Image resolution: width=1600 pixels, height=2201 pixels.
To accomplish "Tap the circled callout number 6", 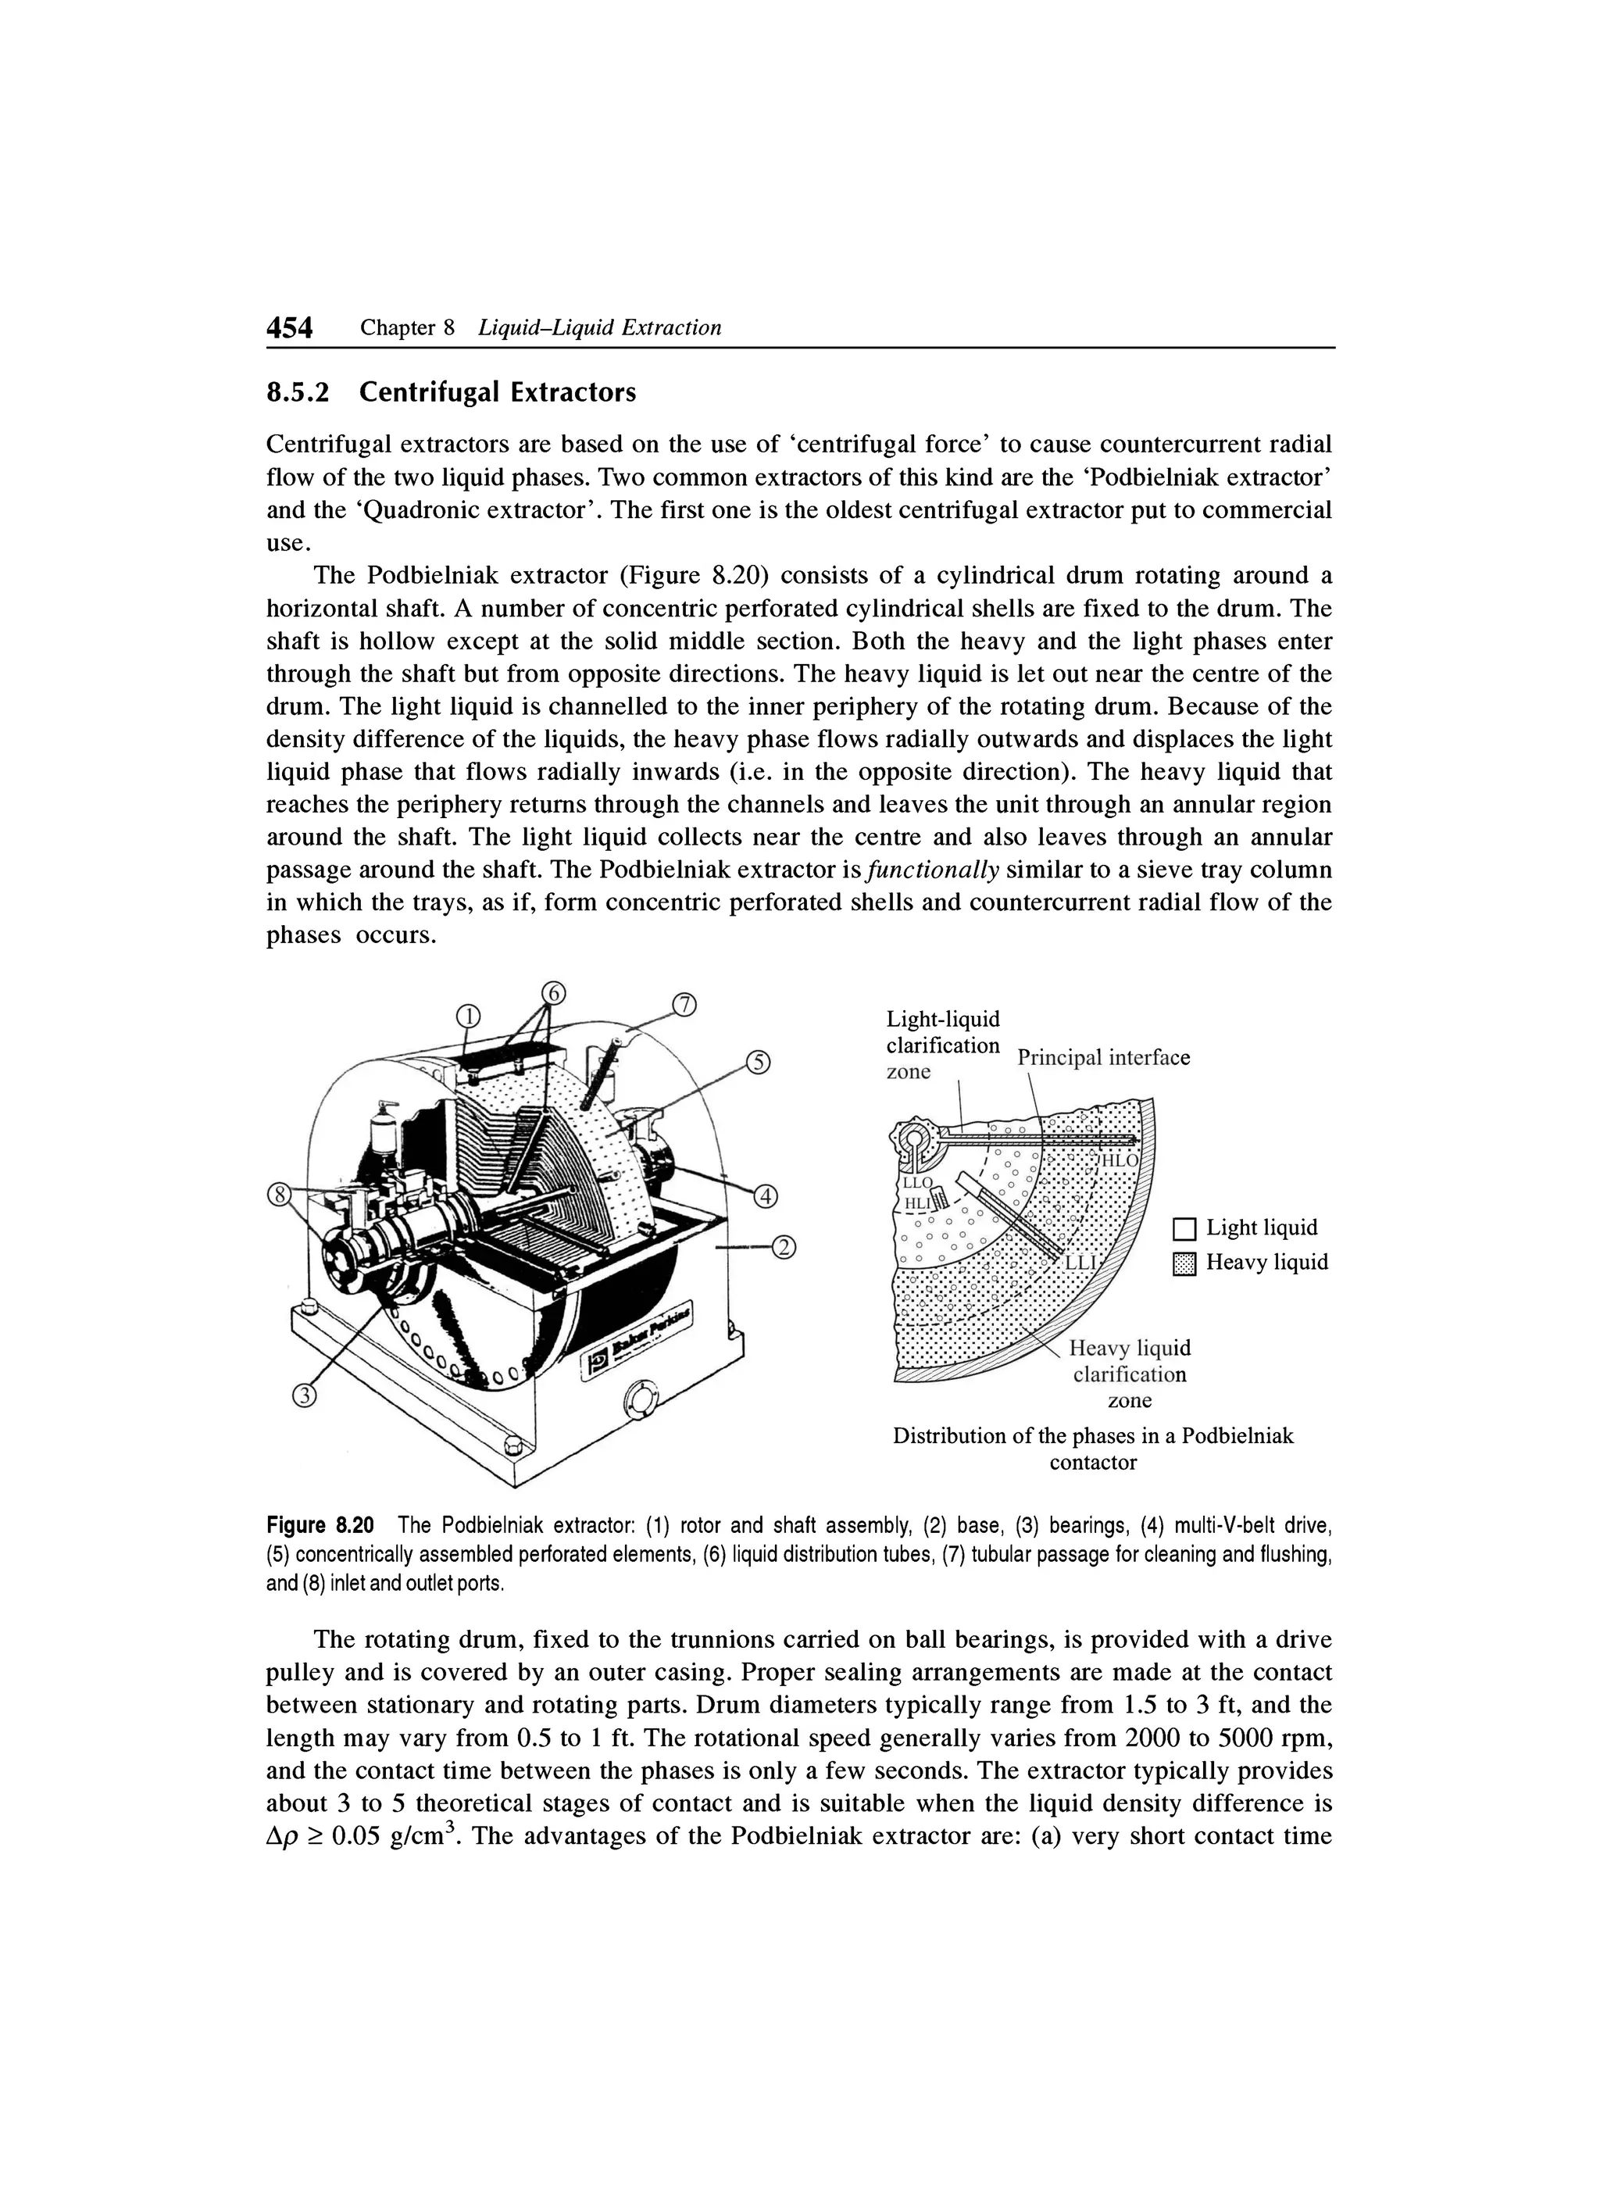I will coord(552,993).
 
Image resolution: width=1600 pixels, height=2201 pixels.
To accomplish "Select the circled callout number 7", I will coord(685,1006).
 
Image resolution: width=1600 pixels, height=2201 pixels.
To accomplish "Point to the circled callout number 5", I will coord(759,1065).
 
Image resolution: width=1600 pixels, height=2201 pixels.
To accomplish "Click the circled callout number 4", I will coord(766,1195).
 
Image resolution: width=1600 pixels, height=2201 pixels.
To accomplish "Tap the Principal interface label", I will coord(1103,1058).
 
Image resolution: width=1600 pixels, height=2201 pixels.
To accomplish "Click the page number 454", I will coord(290,329).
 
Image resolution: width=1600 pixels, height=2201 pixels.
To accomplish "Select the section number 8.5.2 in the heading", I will coord(298,393).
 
